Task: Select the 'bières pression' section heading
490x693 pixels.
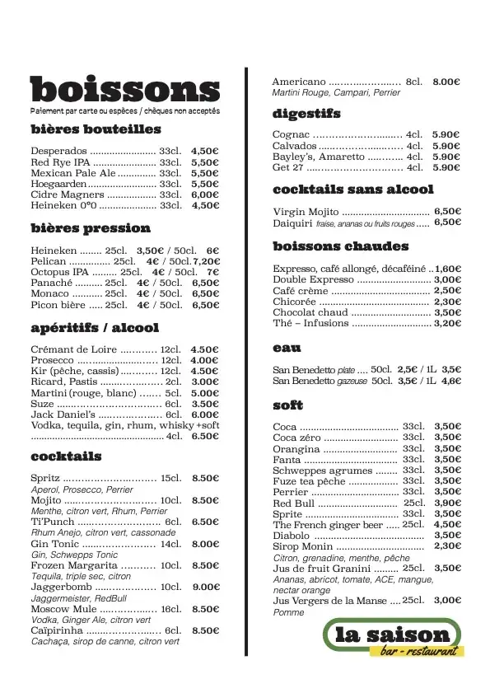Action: click(91, 228)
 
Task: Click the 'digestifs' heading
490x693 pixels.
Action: click(306, 114)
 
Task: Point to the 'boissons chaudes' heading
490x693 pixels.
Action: click(340, 246)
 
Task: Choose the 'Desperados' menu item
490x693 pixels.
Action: click(58, 152)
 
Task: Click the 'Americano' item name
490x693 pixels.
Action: click(299, 82)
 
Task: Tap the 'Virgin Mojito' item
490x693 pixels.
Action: click(305, 212)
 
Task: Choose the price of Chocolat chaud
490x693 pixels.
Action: click(447, 313)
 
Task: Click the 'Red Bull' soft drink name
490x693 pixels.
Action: click(292, 503)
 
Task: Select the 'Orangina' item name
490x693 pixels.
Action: click(296, 449)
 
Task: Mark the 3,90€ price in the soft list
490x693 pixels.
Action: click(447, 503)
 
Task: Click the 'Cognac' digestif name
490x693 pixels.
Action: click(291, 134)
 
